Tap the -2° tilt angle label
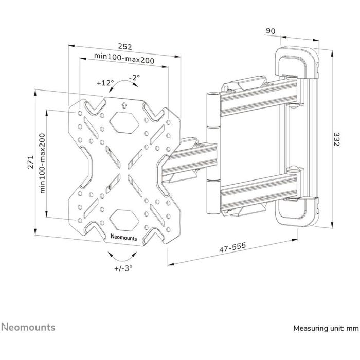coord(135,78)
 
